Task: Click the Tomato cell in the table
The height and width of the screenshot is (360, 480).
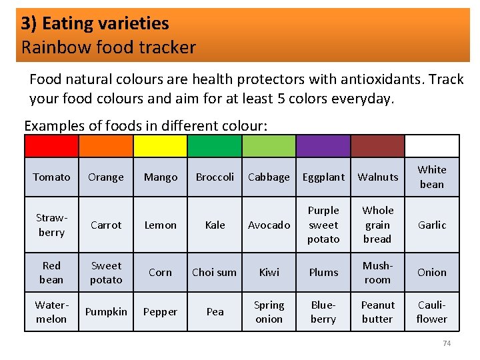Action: [51, 177]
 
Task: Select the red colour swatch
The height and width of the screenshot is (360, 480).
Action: [51, 146]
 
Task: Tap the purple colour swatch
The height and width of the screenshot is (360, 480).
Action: [323, 146]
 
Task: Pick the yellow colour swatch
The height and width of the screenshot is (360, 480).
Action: [160, 146]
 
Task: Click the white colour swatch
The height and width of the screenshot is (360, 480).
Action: [432, 146]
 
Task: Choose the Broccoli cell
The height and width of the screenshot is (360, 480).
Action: [215, 177]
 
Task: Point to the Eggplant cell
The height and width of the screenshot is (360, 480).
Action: [323, 177]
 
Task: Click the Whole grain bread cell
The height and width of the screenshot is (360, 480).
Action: [377, 225]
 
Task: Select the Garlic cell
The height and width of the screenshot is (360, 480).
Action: [432, 225]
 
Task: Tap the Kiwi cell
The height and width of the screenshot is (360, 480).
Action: [269, 272]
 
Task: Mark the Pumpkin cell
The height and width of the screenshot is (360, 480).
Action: [106, 311]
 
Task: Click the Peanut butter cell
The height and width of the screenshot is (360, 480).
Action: [377, 311]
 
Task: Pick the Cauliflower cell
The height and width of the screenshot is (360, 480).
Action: [432, 311]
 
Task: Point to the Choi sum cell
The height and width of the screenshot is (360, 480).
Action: [214, 272]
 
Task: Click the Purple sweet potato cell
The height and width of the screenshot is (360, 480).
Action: [323, 225]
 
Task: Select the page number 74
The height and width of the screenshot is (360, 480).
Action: [447, 343]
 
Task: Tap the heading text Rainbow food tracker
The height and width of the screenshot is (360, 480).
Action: [109, 47]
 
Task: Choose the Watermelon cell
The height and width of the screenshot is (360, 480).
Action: [51, 311]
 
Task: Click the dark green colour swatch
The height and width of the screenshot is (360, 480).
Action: [215, 146]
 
